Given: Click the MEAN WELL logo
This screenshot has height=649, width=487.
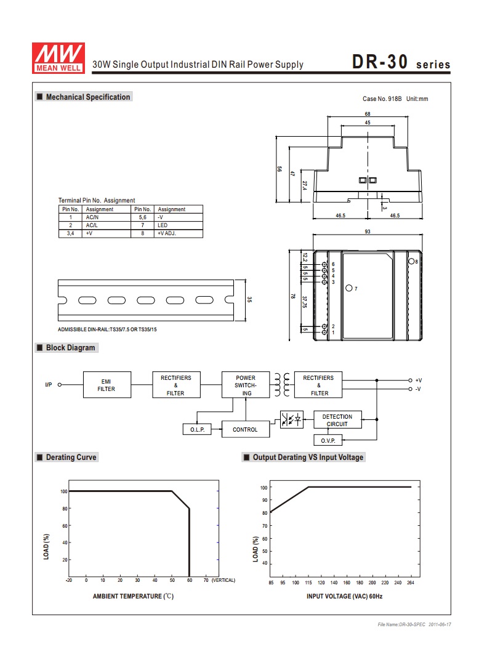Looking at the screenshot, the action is coord(58,58).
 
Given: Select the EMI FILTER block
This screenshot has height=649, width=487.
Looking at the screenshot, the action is coord(107,385).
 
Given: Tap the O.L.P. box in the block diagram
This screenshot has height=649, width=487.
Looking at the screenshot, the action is coord(197,430).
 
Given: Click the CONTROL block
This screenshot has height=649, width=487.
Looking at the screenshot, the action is coord(246,429).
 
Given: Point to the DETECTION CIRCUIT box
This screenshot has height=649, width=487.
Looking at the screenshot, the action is coord(337,420).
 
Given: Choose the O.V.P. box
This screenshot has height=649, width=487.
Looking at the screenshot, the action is coord(328,440).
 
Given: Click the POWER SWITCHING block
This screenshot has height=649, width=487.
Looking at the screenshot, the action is coord(246,385).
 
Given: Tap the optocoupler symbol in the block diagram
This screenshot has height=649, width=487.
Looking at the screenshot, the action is coord(292,420).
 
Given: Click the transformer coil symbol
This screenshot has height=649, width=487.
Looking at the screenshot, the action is coord(282,385).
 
